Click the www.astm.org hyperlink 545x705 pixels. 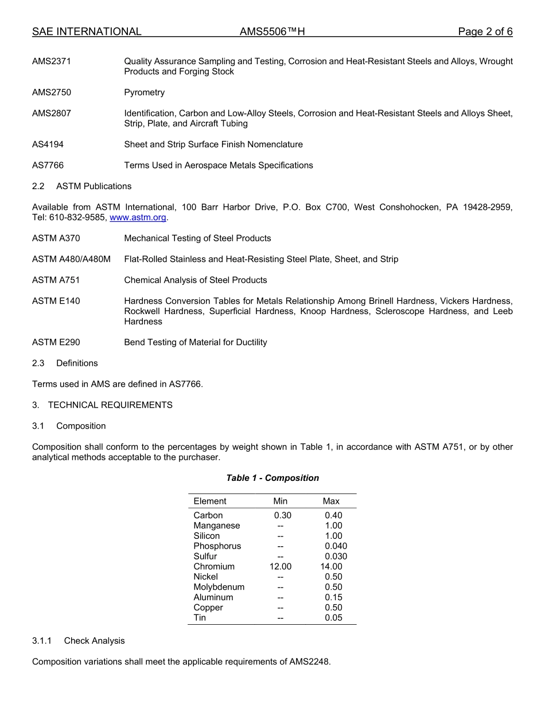[138, 218]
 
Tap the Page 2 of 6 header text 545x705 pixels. [485, 32]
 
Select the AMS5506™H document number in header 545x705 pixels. [272, 32]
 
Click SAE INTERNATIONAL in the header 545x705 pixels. [87, 32]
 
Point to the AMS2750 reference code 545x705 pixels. [52, 92]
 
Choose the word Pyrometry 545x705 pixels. [144, 92]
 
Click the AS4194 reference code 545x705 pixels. [48, 144]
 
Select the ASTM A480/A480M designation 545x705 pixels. [71, 259]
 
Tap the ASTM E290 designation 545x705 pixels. [56, 342]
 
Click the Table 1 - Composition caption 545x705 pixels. [272, 478]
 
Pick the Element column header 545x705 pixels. [209, 501]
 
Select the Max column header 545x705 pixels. [331, 501]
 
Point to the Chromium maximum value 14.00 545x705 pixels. [331, 566]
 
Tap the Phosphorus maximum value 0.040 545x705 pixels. [336, 546]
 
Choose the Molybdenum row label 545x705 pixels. [219, 587]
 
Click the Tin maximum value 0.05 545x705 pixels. [333, 618]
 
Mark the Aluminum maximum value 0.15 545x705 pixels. [333, 597]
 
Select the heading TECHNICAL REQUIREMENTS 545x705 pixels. [110, 405]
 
